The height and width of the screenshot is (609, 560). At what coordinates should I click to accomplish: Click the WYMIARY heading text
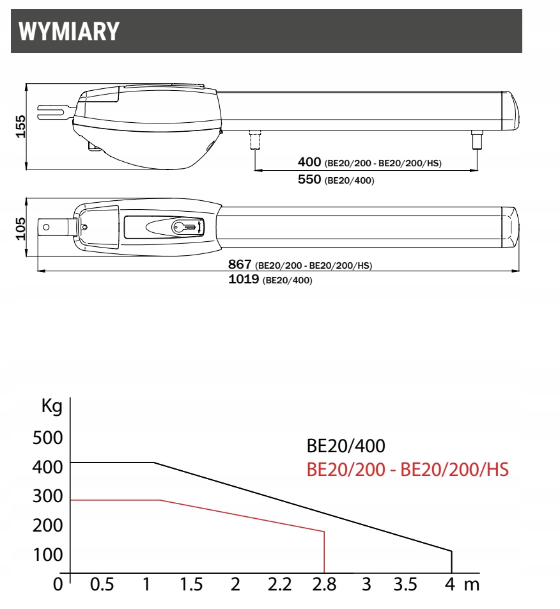tap(69, 31)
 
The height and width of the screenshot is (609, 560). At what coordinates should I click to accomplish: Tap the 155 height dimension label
tap(20, 127)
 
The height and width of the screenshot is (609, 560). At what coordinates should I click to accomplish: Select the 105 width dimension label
tap(20, 227)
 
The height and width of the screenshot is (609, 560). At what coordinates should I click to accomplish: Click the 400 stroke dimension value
tap(310, 162)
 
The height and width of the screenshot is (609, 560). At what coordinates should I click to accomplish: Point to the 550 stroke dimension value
tap(310, 180)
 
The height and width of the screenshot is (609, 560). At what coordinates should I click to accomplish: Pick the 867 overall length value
tap(240, 265)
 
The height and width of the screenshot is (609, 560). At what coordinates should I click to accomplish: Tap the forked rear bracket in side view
tap(54, 112)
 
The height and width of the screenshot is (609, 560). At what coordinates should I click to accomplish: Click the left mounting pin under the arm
tap(254, 139)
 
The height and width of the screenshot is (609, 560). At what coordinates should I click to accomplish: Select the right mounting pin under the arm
tap(476, 139)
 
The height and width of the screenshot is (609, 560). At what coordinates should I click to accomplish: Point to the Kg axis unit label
tap(51, 407)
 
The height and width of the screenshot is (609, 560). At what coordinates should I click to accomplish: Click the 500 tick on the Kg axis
tap(47, 438)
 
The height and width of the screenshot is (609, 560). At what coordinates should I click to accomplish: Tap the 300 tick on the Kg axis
tap(47, 496)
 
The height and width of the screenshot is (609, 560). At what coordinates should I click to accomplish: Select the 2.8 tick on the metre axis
tap(323, 585)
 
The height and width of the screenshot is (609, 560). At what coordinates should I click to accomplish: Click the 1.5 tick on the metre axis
tap(191, 585)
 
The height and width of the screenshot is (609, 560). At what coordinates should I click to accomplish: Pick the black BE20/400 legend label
tap(346, 446)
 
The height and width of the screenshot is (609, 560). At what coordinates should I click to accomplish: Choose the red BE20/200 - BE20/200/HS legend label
tap(408, 470)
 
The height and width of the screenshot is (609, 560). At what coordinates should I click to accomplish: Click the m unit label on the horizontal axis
tap(471, 585)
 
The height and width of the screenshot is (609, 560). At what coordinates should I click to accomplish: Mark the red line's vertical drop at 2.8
tap(325, 552)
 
